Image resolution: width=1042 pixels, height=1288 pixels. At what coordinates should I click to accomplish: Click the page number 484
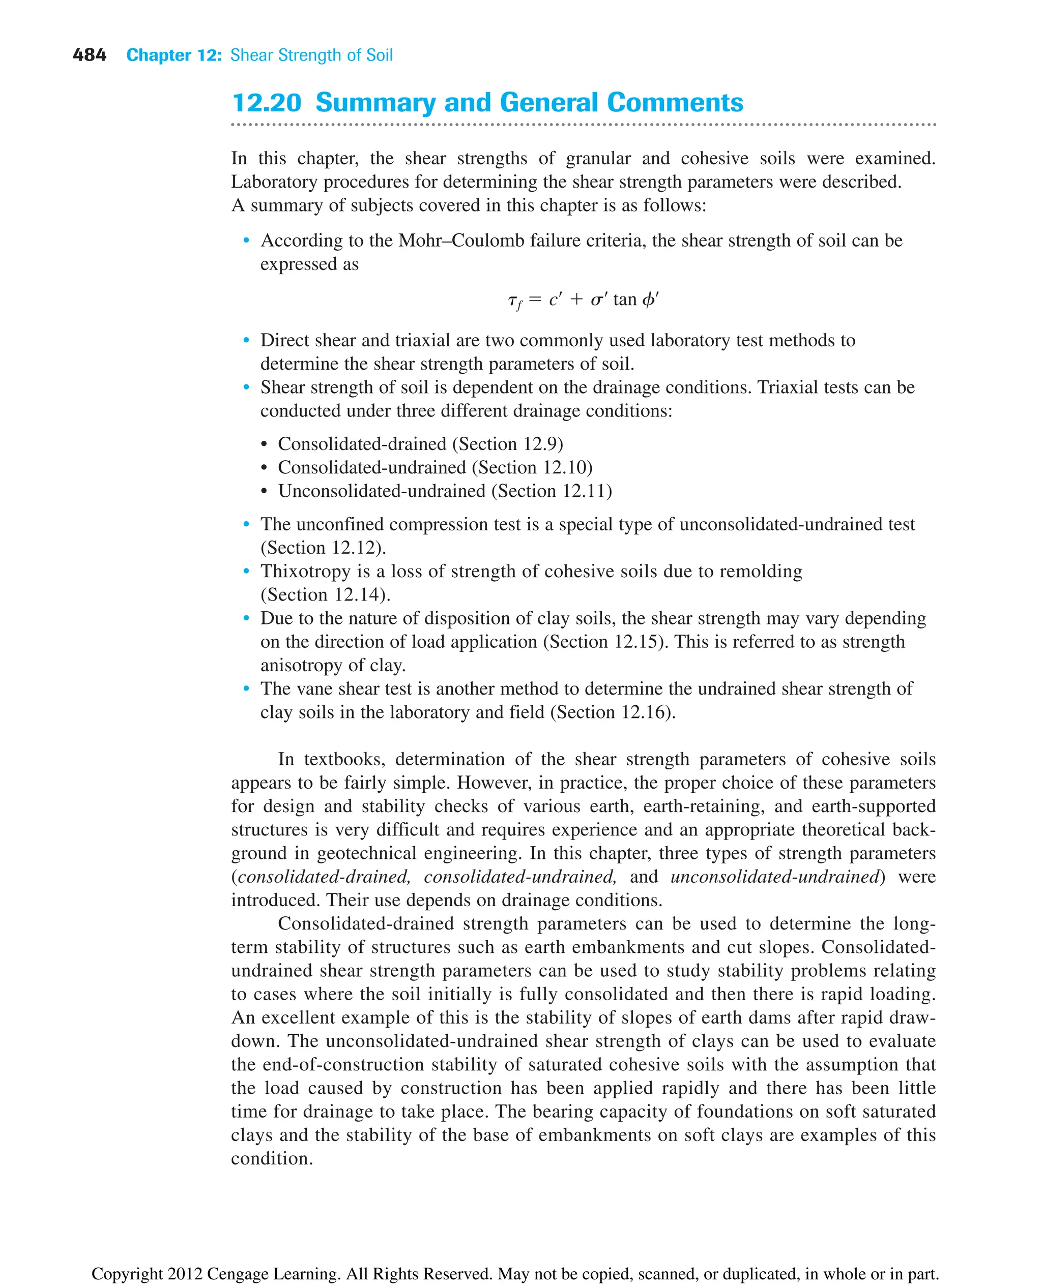(89, 55)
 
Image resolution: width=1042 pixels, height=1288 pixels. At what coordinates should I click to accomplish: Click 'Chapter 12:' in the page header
(174, 55)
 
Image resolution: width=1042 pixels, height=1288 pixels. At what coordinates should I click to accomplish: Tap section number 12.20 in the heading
(267, 103)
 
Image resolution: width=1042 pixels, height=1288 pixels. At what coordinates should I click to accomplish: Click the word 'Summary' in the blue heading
(375, 103)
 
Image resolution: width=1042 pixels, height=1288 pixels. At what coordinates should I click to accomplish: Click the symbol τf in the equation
(514, 301)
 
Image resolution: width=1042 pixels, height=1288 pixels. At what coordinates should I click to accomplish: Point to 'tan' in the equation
(624, 299)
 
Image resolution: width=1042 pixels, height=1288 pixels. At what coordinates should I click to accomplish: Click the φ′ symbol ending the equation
(650, 299)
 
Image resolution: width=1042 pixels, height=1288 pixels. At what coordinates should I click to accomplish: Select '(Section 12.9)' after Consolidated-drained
(507, 444)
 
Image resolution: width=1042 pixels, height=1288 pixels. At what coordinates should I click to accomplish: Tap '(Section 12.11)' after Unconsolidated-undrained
(551, 491)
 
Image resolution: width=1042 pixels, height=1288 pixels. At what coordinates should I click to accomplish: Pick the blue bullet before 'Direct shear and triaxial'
(246, 341)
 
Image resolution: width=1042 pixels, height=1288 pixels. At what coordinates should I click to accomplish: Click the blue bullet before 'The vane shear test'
(246, 688)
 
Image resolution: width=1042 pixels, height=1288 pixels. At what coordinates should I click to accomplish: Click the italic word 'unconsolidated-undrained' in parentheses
(774, 877)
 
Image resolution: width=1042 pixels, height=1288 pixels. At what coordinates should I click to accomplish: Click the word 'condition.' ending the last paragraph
(272, 1158)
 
